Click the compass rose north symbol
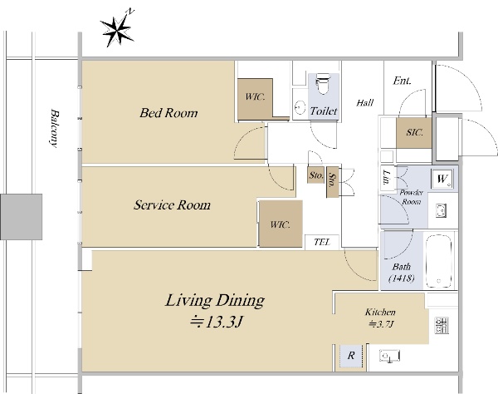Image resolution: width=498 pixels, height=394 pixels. coord(118,30)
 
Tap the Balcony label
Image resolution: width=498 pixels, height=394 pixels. coord(55,129)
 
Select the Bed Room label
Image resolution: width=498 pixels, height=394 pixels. coord(168,113)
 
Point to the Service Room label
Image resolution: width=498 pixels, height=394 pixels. coord(172,204)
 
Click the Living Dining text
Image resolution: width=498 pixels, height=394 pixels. coord(215,301)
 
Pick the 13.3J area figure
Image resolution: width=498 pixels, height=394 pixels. coord(216,323)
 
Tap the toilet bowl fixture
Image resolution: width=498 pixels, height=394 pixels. coord(323,84)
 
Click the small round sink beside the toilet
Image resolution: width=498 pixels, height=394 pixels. coord(300,107)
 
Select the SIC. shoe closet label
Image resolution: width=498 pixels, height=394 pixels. coord(414,132)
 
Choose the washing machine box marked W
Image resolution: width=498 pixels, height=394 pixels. coord(442,179)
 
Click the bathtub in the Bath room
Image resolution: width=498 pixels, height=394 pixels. coord(438,261)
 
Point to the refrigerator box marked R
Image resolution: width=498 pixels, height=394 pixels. coord(351,356)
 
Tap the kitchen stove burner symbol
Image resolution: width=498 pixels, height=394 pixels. coord(442,325)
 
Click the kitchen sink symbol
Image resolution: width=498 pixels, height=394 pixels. coord(389,356)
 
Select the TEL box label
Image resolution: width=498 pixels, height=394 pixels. coord(322,243)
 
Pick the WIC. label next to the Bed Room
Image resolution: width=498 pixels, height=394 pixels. coord(255,96)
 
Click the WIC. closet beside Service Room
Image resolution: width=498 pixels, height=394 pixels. coord(281,224)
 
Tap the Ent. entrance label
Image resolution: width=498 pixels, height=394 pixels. coord(402,81)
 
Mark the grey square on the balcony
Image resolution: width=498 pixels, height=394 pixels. coord(22,217)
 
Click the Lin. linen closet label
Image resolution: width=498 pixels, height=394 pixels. coord(387,177)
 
